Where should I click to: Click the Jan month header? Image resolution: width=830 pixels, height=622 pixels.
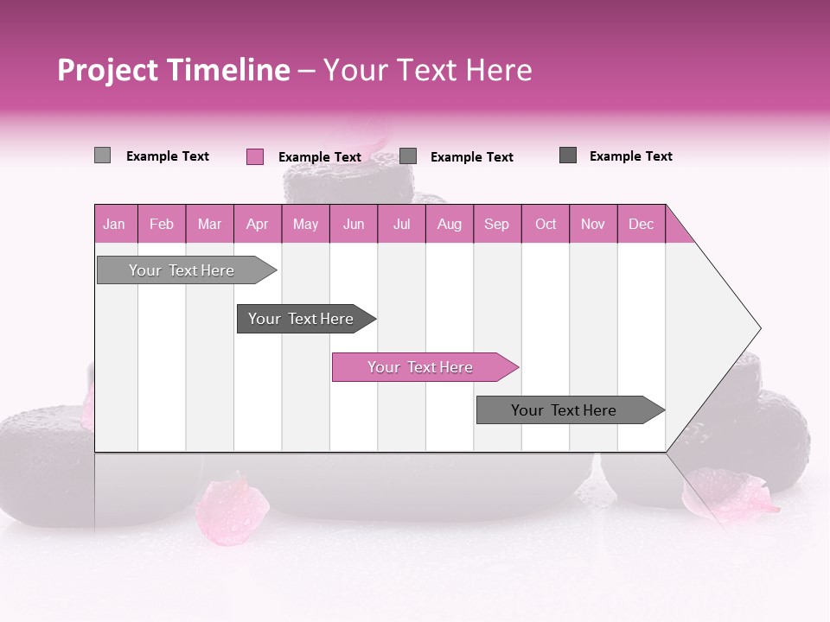114,224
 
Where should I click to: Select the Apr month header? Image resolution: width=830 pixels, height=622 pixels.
257,224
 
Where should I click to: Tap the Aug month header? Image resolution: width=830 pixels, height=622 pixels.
449,224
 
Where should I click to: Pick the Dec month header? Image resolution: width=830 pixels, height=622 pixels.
641,224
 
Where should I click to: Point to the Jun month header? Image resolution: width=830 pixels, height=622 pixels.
353,224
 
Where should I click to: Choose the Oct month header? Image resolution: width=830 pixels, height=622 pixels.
545,224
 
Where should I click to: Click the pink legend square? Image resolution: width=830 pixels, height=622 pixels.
254,156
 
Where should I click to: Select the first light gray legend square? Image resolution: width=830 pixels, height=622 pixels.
102,155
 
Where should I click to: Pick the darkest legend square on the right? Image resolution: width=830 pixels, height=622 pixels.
568,155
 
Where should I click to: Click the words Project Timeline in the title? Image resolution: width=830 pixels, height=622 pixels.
173,70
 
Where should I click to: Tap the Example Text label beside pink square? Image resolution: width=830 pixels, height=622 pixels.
319,157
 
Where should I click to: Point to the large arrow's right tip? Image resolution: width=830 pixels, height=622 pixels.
758,328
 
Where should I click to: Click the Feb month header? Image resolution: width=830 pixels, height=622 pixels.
162,224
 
